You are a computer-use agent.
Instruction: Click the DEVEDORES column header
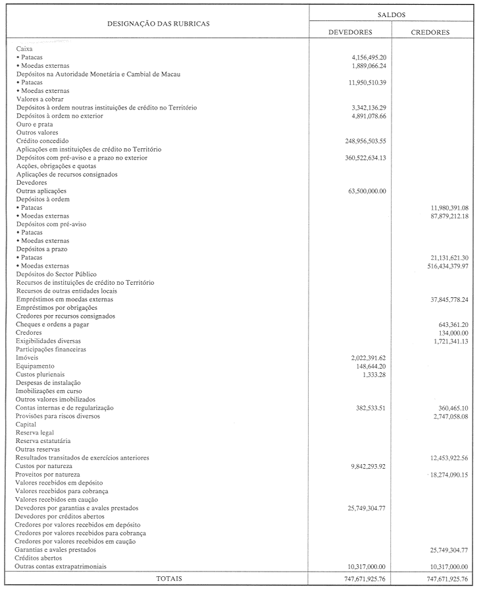pos(350,32)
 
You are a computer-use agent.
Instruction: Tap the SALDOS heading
pos(392,13)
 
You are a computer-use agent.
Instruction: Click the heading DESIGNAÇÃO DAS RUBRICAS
pos(159,23)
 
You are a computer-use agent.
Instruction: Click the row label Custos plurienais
pos(40,374)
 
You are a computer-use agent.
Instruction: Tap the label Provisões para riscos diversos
pos(59,416)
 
